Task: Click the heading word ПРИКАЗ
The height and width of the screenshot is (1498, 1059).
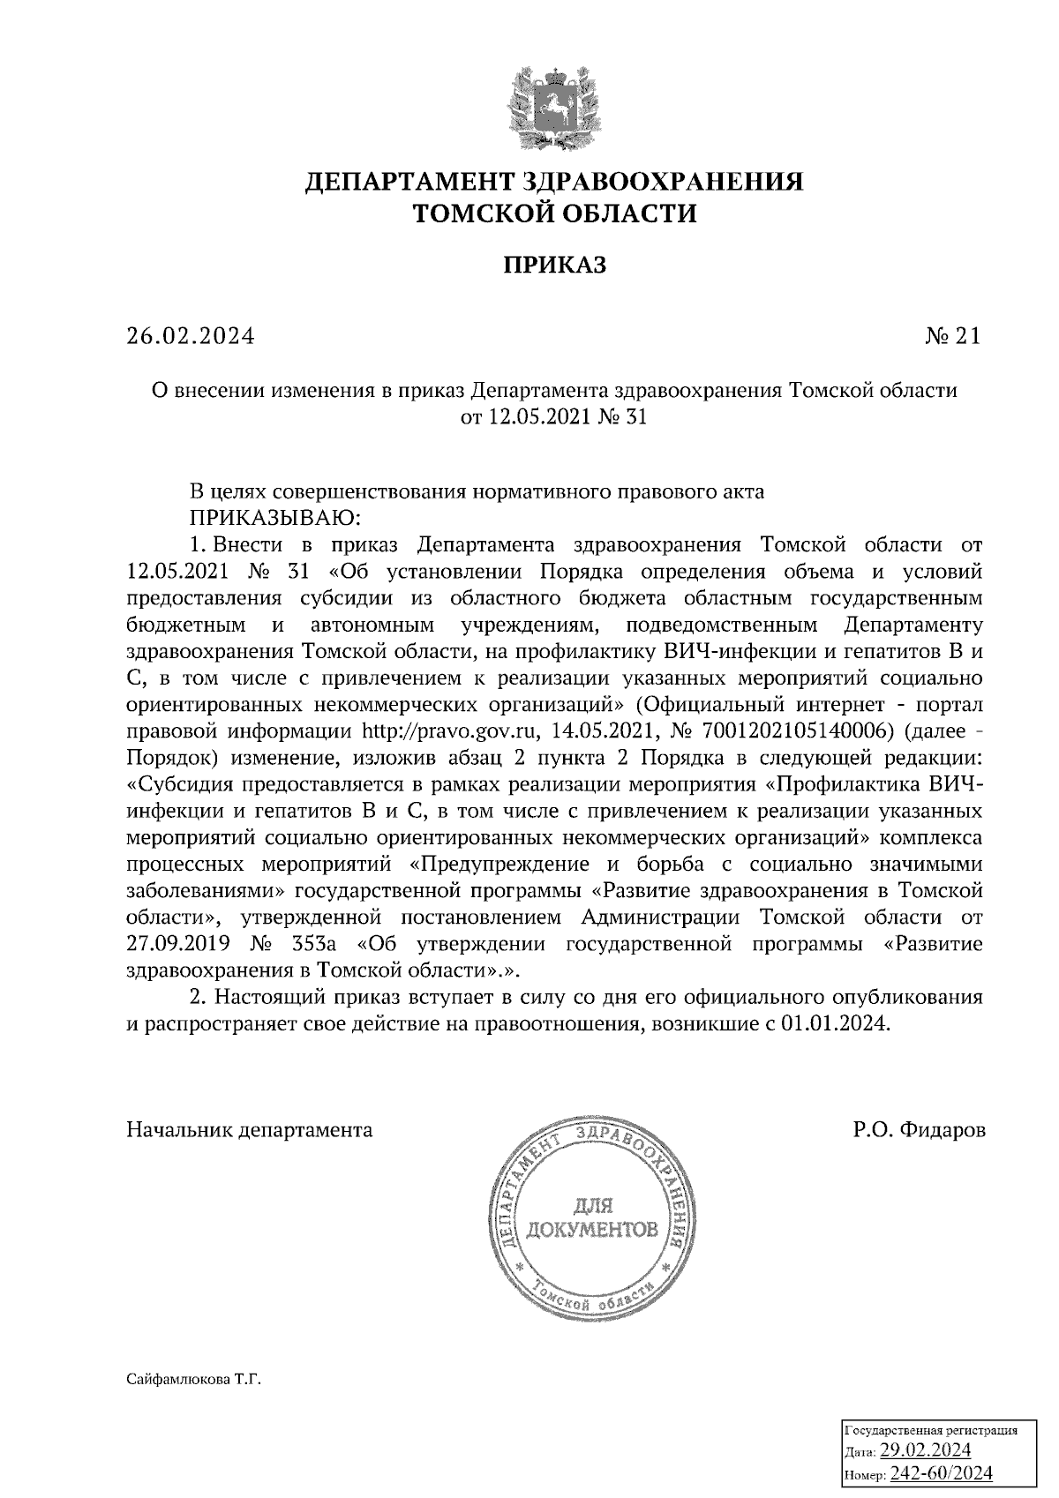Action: coord(555,264)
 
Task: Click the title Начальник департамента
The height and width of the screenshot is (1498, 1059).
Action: coord(250,1130)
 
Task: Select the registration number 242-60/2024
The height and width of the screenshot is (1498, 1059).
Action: coord(941,1473)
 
